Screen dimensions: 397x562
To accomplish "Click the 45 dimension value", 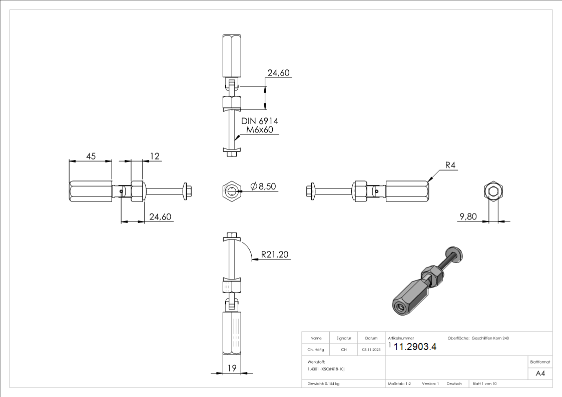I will tap(91, 156).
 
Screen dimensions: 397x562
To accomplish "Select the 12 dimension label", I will tap(155, 156).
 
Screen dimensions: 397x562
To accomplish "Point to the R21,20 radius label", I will tap(274, 255).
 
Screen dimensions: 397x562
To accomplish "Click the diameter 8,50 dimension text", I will tap(263, 186).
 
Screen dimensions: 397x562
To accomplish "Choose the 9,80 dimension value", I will tap(468, 216).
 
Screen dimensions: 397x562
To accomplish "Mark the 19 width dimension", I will tap(232, 368).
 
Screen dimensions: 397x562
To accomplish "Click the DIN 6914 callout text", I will tap(259, 121).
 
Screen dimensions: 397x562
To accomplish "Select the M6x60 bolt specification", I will tap(259, 130).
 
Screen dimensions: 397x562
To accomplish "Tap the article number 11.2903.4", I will tap(415, 347).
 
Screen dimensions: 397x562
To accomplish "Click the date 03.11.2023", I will tap(371, 350).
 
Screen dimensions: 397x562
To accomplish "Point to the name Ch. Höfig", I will tap(316, 350).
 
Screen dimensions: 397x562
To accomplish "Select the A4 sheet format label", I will tap(540, 373).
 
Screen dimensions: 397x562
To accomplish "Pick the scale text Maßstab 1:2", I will tap(399, 384).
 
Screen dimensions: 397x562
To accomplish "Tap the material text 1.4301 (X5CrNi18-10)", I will tap(326, 369).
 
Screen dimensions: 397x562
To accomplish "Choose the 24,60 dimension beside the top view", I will tap(279, 73).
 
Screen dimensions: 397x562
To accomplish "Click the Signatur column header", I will tap(343, 338).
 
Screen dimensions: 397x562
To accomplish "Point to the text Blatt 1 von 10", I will tap(484, 384).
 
